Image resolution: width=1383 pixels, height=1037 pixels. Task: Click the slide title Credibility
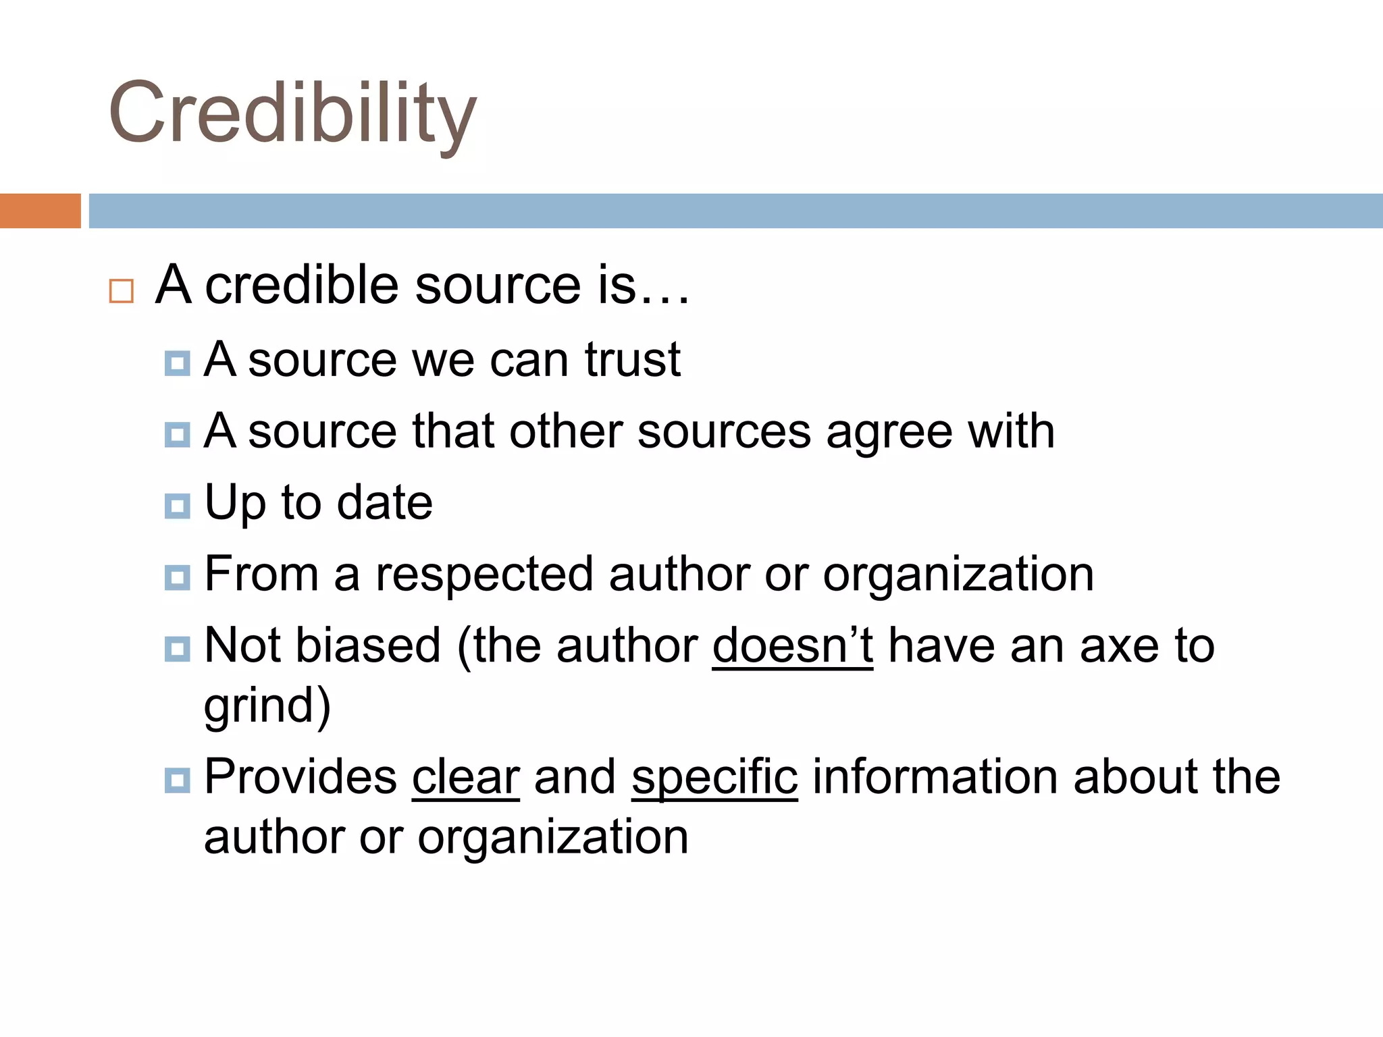tap(292, 113)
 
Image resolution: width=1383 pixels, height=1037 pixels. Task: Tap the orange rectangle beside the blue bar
tap(40, 211)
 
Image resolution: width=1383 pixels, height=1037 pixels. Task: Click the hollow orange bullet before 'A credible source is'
tap(122, 291)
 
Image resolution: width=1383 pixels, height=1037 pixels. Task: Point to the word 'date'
tap(384, 502)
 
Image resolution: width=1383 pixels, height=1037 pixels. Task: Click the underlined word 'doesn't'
tap(793, 645)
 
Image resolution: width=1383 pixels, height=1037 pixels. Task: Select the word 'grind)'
tap(267, 706)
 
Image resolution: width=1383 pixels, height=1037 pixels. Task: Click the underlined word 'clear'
tap(466, 776)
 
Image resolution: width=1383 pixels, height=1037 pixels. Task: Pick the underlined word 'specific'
tap(714, 776)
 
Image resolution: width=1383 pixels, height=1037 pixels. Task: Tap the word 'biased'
tap(369, 645)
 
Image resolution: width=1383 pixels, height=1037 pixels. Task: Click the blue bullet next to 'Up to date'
tap(178, 506)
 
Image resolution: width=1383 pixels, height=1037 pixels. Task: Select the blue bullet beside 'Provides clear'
tap(178, 780)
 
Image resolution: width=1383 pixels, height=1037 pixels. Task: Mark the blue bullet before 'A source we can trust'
tap(178, 363)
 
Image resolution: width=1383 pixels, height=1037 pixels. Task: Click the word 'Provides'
tap(301, 776)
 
